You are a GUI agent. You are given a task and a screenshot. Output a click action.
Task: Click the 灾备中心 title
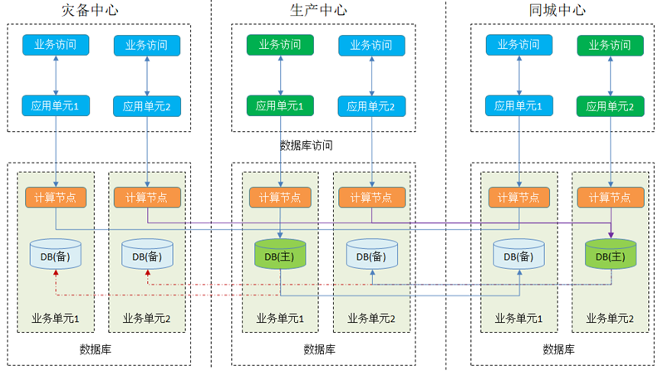pos(91,11)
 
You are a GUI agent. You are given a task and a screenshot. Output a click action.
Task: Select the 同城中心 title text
pos(557,11)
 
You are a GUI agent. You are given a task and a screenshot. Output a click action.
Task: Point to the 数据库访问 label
pos(307,145)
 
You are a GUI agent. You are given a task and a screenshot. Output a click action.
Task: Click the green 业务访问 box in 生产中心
pos(280,45)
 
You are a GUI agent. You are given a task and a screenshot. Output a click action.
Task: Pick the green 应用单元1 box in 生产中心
pos(280,105)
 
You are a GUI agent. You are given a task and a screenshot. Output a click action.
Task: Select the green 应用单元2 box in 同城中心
pos(610,106)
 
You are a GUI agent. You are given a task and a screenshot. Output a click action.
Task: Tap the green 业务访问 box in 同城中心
pos(610,45)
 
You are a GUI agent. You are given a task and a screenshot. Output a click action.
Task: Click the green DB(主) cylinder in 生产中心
pos(280,254)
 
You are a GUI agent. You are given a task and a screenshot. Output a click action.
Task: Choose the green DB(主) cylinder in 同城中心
pos(610,254)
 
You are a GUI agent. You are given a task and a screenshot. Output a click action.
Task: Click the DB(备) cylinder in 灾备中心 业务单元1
pos(56,254)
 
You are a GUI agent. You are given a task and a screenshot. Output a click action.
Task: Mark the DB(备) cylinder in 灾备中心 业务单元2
pos(147,254)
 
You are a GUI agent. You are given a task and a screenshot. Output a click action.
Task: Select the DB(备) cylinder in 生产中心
pos(371,254)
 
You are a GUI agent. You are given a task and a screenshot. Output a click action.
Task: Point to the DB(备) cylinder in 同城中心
pos(518,254)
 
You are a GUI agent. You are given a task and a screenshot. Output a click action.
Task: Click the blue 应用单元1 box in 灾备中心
pos(56,105)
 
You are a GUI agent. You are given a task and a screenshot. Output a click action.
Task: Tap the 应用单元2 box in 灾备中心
pos(147,106)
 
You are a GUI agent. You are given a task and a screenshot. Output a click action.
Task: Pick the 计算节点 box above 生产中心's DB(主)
pos(280,197)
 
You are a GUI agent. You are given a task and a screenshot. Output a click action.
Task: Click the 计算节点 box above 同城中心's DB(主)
pos(610,197)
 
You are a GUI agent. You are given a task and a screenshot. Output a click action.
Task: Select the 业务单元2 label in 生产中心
pos(371,318)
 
